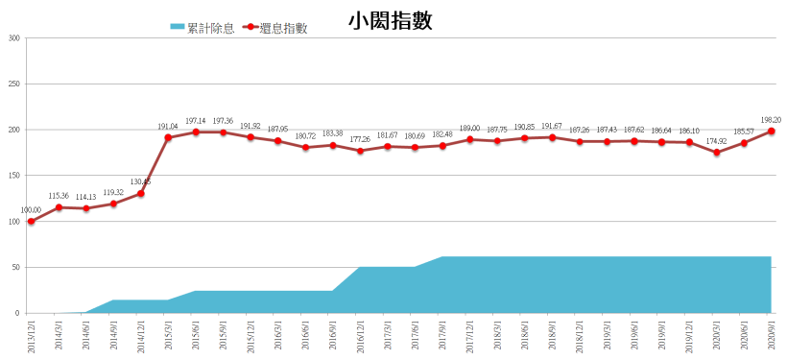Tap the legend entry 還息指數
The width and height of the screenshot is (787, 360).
click(x=281, y=28)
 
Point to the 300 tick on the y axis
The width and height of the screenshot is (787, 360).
click(x=13, y=38)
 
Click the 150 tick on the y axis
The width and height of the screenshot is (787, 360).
click(x=13, y=176)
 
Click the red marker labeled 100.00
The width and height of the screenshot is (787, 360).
click(x=31, y=222)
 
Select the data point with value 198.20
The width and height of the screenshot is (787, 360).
click(x=772, y=132)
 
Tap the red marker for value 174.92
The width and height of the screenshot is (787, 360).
click(x=717, y=153)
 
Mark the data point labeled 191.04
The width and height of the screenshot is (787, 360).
click(x=168, y=137)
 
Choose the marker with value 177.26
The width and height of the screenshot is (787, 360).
click(x=360, y=151)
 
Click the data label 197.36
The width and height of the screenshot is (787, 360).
click(x=223, y=121)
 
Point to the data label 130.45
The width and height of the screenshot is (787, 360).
click(x=140, y=181)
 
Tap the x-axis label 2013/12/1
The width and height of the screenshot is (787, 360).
click(x=31, y=338)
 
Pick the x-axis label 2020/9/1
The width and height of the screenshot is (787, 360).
click(x=772, y=336)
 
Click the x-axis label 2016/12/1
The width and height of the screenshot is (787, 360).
click(x=360, y=338)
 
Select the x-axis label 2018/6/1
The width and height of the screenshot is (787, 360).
click(x=524, y=336)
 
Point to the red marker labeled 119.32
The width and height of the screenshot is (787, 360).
click(x=113, y=204)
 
